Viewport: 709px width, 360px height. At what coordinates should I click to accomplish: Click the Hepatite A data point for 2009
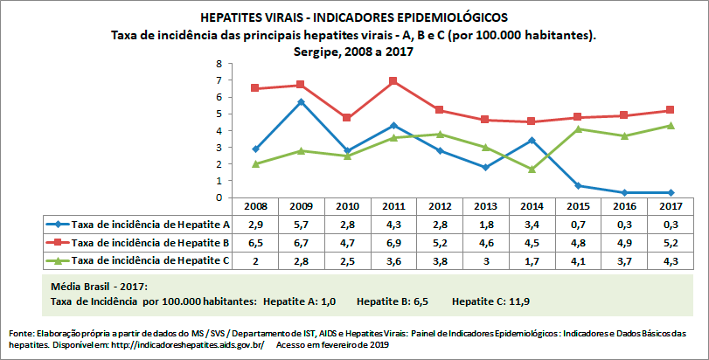coord(301,102)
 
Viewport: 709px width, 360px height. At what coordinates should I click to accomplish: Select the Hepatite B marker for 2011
coord(394,81)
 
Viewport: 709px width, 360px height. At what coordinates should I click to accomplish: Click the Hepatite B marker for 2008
coord(254,88)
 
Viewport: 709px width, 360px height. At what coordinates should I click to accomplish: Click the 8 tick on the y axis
coord(219,65)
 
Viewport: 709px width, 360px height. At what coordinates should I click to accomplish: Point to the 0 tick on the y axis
coord(219,197)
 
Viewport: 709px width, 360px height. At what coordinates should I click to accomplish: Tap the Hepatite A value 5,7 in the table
coord(301,225)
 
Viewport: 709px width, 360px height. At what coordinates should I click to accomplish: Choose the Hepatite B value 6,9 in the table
coord(394,242)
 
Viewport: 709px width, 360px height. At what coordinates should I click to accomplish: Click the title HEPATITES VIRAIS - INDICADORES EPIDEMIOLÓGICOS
coord(354,17)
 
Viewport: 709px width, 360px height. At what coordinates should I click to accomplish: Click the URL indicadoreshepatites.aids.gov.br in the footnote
coord(190,345)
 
